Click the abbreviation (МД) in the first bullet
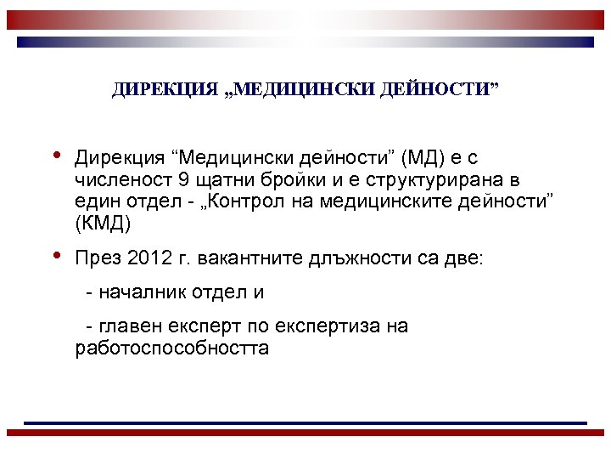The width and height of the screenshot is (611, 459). (x=423, y=158)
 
